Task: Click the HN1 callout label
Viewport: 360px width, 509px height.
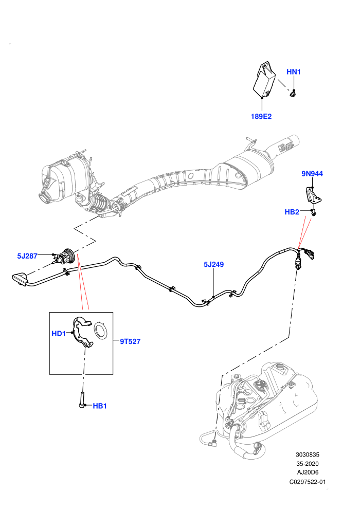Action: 294,72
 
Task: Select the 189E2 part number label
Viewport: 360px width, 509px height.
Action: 261,116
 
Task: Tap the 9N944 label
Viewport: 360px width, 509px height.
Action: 312,174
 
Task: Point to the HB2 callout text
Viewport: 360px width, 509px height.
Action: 292,212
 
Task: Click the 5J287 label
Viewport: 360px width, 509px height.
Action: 27,256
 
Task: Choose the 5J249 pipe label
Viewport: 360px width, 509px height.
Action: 213,265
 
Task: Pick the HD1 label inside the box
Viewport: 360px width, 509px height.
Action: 59,333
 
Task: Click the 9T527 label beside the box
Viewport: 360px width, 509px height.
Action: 130,341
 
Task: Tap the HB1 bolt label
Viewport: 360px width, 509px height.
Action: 100,406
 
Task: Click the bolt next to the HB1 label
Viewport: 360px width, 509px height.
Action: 81,400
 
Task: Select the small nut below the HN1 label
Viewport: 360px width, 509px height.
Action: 293,94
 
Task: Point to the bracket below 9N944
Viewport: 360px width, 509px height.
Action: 312,196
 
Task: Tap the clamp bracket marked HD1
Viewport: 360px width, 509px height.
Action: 81,332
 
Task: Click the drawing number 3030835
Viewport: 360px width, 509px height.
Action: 307,455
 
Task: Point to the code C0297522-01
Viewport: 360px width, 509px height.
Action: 307,482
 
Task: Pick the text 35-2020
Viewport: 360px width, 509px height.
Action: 307,464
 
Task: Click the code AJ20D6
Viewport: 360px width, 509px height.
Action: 307,472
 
